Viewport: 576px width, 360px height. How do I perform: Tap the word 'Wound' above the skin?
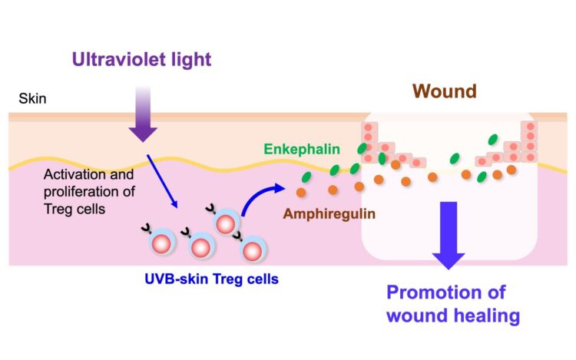(x=444, y=91)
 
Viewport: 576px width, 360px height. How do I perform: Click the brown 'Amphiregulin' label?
(x=329, y=213)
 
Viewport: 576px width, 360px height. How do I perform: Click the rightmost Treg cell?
(x=251, y=249)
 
